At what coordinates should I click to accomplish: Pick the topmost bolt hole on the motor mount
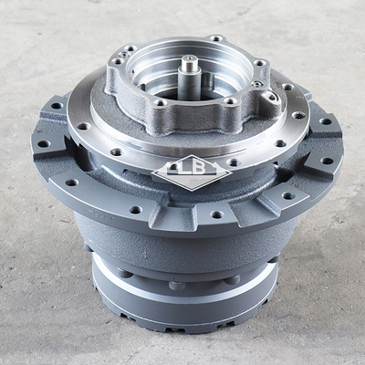(x=215, y=39)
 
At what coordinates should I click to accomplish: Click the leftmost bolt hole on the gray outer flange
(x=39, y=141)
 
